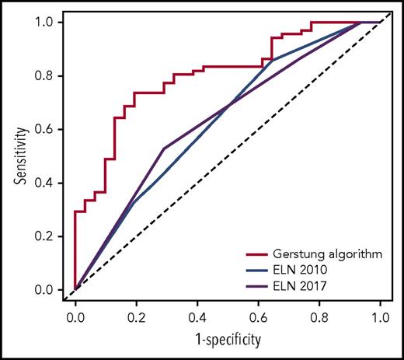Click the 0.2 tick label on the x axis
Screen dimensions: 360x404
pyautogui.click(x=136, y=317)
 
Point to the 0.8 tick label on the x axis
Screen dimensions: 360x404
pyautogui.click(x=319, y=317)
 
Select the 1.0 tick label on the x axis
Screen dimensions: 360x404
pyautogui.click(x=379, y=317)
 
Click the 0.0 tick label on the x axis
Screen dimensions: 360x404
pyautogui.click(x=75, y=317)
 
